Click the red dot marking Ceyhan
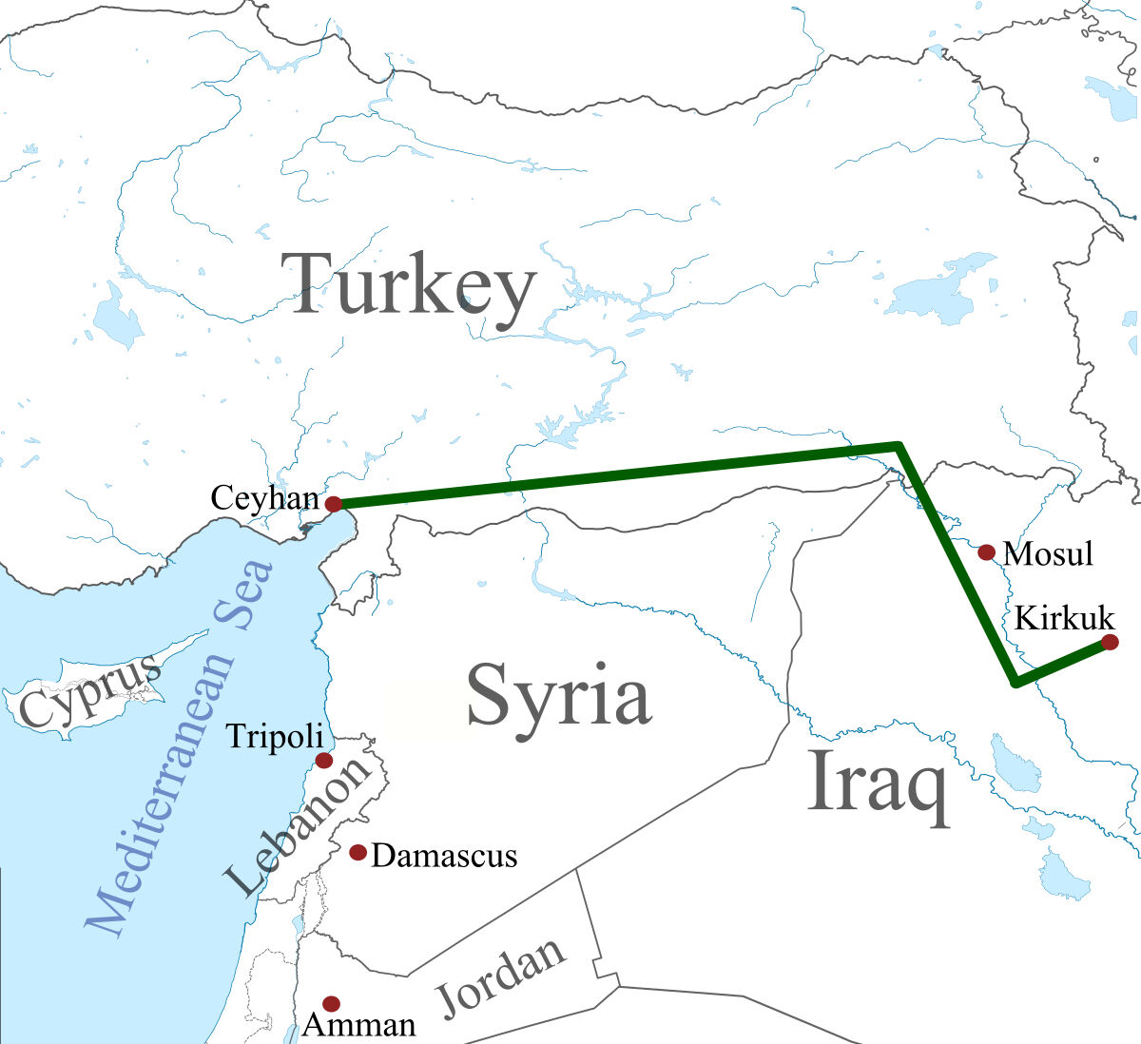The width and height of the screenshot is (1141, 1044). [333, 504]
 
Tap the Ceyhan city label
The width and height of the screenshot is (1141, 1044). [263, 497]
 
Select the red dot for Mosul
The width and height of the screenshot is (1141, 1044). [986, 552]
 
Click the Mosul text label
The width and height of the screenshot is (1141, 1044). [1049, 553]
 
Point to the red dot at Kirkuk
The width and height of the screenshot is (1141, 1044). [1109, 643]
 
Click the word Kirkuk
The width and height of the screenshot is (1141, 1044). [1064, 618]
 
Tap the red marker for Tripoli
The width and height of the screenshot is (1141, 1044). [323, 760]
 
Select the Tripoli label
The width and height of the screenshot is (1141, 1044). [275, 736]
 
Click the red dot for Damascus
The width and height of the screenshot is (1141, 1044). [358, 852]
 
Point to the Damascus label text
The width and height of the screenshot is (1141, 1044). [444, 856]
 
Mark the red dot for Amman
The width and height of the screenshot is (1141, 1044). [331, 1003]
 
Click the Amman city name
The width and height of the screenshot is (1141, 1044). [359, 1025]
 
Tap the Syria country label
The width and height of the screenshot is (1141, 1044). [558, 694]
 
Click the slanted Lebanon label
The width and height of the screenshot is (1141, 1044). [297, 827]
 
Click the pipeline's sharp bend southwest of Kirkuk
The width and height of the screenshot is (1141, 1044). [1015, 682]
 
